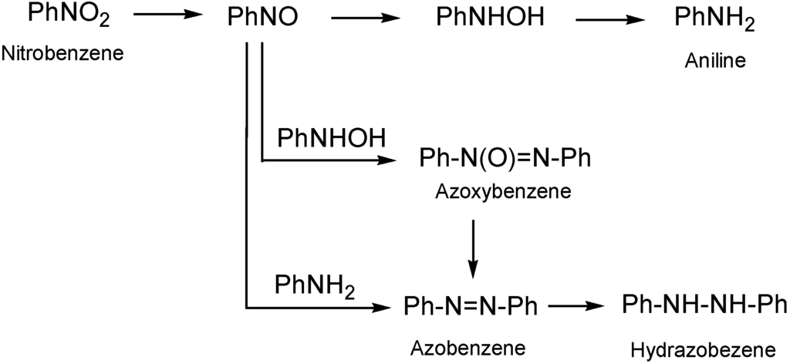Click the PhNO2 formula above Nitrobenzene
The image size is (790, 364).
63,15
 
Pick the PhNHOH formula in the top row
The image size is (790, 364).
485,17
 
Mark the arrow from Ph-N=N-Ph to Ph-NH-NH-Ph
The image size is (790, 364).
575,306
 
